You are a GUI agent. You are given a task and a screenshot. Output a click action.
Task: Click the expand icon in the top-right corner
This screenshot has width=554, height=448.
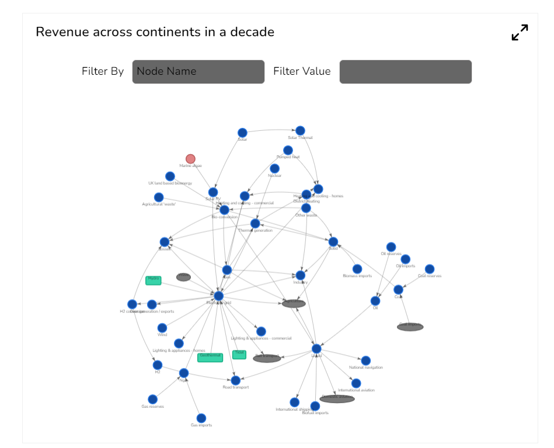[x=520, y=33]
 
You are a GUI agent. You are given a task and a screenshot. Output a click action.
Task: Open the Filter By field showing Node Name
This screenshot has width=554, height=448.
[x=198, y=72]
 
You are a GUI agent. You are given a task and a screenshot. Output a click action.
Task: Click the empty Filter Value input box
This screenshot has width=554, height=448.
[x=405, y=72]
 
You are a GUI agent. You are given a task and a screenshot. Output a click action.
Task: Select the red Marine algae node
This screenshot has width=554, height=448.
[x=190, y=159]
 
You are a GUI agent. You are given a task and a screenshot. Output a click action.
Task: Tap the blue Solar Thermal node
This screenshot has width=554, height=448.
[x=300, y=130]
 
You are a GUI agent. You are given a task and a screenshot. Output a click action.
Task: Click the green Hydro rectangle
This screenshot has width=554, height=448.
[x=154, y=280]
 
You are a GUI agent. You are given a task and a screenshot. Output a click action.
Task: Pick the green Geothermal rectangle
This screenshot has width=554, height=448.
[x=210, y=357]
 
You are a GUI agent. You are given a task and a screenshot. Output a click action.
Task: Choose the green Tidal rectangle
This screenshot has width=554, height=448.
[x=239, y=354]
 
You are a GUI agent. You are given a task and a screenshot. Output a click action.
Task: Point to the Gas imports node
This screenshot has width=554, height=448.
[x=201, y=418]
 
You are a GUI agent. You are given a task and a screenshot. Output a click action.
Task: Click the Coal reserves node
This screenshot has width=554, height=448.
[x=430, y=269]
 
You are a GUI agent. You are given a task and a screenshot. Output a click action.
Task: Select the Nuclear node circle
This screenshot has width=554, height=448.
[x=274, y=169]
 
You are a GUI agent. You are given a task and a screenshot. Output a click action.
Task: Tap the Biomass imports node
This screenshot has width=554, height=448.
[x=357, y=269]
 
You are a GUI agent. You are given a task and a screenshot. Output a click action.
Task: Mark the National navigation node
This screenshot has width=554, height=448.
[x=365, y=360]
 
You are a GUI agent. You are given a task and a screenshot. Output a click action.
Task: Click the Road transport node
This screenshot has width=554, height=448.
[x=235, y=380]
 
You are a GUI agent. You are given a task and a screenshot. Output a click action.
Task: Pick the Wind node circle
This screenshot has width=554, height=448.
[x=162, y=328]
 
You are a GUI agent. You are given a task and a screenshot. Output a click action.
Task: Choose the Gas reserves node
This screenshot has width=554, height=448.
[x=152, y=399]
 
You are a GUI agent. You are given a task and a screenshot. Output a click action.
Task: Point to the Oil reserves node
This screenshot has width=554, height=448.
[x=391, y=247]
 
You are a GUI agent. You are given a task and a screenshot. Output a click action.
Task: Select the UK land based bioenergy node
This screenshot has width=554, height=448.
[x=170, y=176]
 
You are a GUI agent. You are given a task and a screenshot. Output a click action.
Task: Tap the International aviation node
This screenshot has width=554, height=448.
[x=356, y=383]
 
